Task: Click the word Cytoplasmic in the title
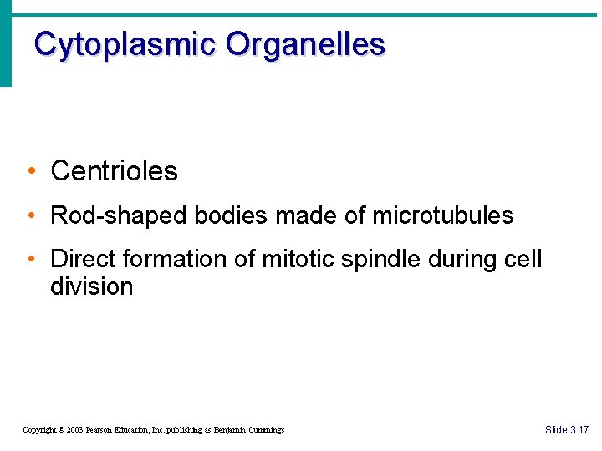click(x=125, y=43)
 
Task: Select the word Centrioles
click(x=114, y=171)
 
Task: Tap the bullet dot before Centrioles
click(x=30, y=172)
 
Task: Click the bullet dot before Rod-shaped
click(x=30, y=216)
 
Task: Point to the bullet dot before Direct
click(x=30, y=260)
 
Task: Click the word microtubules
click(x=442, y=215)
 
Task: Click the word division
click(x=91, y=286)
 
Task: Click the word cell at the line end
click(x=523, y=259)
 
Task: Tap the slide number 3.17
click(x=579, y=430)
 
